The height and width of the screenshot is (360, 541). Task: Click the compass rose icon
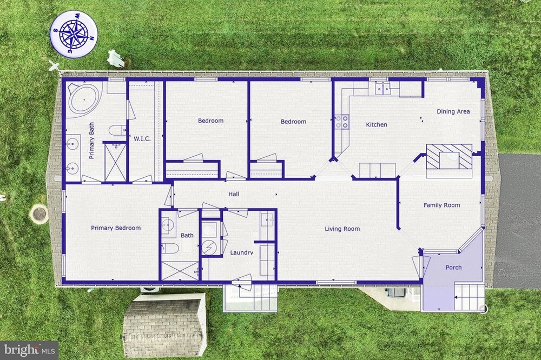pyautogui.click(x=74, y=34)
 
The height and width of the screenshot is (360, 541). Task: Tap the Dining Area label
pyautogui.click(x=453, y=111)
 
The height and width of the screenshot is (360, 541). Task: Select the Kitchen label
pyautogui.click(x=376, y=124)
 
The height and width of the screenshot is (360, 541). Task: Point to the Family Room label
pyautogui.click(x=441, y=205)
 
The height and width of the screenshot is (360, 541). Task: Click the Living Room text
pyautogui.click(x=342, y=229)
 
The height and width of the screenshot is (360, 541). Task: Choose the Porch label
pyautogui.click(x=453, y=267)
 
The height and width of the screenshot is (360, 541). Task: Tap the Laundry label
pyautogui.click(x=241, y=252)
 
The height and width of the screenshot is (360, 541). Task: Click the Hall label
pyautogui.click(x=234, y=194)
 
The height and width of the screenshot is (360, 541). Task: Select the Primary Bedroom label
pyautogui.click(x=116, y=228)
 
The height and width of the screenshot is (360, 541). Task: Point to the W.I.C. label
pyautogui.click(x=142, y=138)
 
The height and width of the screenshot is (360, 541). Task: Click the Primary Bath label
pyautogui.click(x=91, y=141)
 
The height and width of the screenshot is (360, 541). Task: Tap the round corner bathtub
pyautogui.click(x=84, y=99)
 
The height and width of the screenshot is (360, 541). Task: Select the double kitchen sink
pyautogui.click(x=382, y=89)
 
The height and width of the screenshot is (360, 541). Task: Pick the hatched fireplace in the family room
pyautogui.click(x=449, y=156)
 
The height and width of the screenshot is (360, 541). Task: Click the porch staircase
pyautogui.click(x=469, y=297)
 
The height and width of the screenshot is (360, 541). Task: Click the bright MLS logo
pyautogui.click(x=29, y=350)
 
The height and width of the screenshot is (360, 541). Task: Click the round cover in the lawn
pyautogui.click(x=38, y=215)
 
